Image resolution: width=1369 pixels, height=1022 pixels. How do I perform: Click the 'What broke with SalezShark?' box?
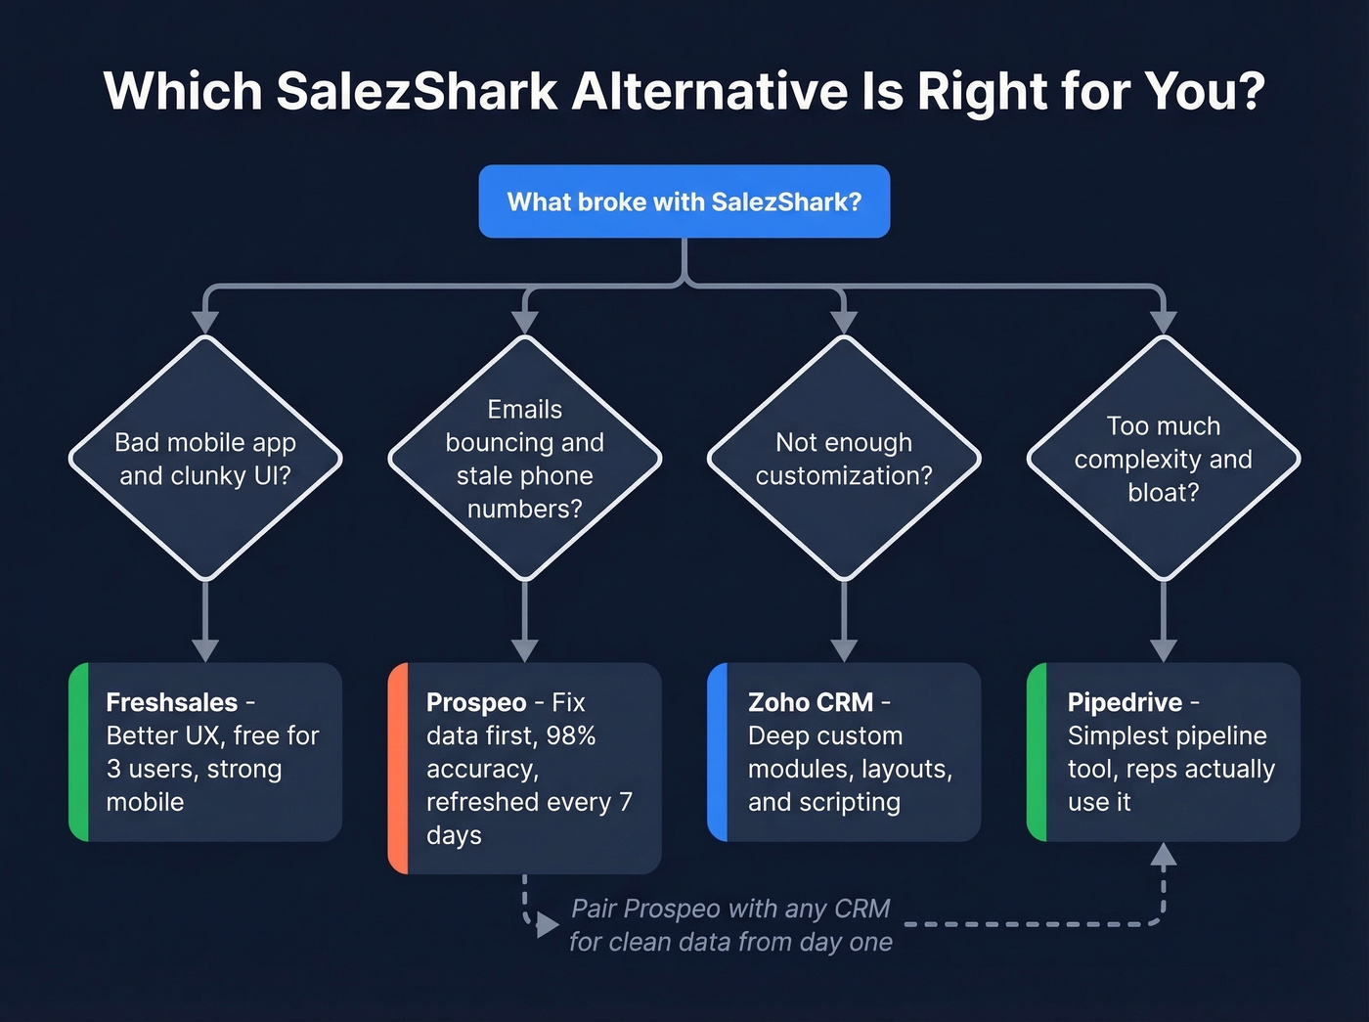coord(684,201)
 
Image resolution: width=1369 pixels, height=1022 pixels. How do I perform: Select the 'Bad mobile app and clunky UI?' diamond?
coord(205,459)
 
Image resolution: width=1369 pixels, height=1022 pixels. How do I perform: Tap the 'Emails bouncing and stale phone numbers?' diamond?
coord(525,459)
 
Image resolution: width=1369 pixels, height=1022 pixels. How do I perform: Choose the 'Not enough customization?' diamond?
coord(844,459)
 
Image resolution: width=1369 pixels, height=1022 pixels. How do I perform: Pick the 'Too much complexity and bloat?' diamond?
coord(1163,459)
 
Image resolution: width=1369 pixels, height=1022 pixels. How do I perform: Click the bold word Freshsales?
coord(171,702)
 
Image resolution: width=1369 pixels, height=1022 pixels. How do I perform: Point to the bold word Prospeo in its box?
coord(476,702)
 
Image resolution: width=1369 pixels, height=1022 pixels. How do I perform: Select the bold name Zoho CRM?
coord(810,702)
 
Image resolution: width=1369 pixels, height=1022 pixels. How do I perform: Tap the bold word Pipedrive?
coord(1125,702)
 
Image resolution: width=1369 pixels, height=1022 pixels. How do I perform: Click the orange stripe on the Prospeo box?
coord(398,768)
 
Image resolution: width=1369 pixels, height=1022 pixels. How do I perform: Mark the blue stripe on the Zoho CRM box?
coord(718,751)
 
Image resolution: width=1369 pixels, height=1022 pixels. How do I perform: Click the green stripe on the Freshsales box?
coord(79,751)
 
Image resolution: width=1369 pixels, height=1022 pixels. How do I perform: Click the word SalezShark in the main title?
coord(417,91)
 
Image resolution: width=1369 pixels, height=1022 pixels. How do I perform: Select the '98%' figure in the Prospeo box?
coord(571,735)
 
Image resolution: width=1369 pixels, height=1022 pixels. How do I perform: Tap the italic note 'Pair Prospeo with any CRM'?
coord(730,909)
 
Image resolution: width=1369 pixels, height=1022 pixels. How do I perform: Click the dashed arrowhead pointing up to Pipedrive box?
coord(1163,856)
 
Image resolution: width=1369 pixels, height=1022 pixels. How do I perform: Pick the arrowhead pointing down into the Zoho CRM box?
coord(844,650)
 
